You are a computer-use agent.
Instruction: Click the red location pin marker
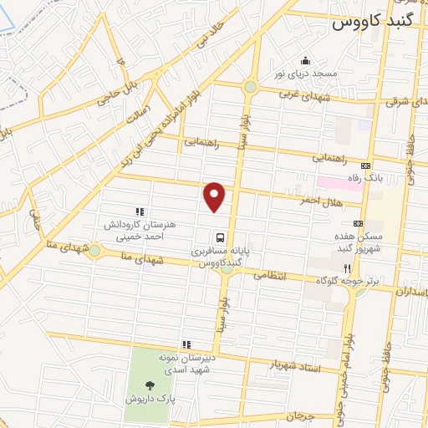[216, 196]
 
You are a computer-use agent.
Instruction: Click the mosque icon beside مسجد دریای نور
[305, 60]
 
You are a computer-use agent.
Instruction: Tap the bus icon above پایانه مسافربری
[218, 237]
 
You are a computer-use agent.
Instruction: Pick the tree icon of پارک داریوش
[150, 385]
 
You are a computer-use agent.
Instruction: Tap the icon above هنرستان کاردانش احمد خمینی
[140, 212]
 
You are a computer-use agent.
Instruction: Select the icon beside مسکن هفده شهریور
[358, 223]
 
